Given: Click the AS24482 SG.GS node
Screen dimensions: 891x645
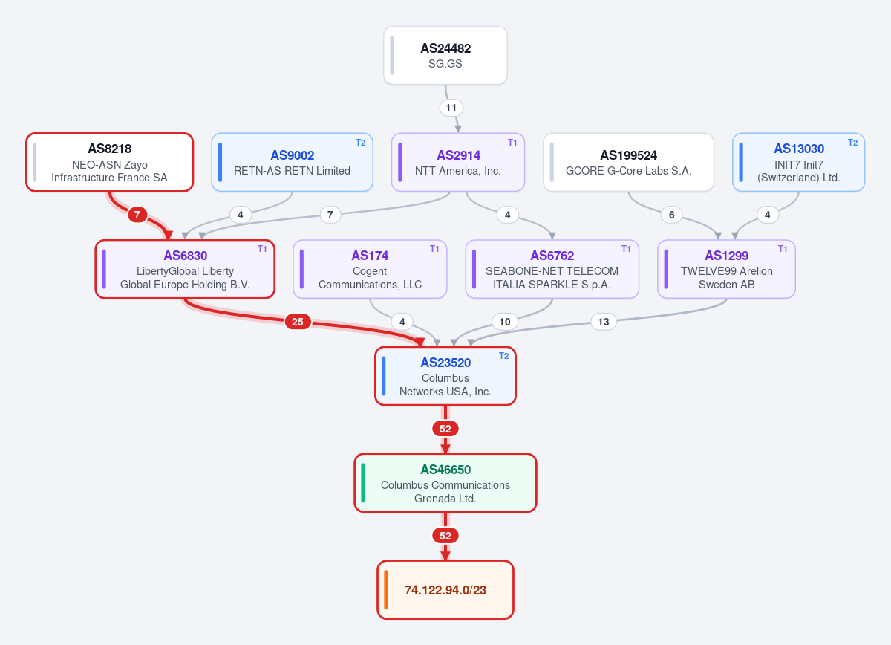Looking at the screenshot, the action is [x=445, y=55].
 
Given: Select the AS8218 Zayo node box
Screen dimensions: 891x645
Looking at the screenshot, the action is [x=110, y=163].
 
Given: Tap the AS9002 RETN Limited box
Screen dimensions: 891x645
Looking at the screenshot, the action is [x=293, y=163].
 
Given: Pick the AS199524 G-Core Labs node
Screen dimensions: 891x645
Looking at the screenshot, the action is [x=628, y=163].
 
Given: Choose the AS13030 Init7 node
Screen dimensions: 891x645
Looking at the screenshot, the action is [x=799, y=163].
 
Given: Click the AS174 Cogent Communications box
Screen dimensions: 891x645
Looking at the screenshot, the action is [x=370, y=269].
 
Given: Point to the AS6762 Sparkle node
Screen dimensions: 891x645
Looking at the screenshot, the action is [x=552, y=269].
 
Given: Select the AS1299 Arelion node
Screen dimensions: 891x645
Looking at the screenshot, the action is [x=726, y=269].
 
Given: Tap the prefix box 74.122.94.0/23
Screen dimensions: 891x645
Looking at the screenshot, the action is [x=446, y=590].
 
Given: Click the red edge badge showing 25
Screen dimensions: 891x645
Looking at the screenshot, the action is [x=298, y=322].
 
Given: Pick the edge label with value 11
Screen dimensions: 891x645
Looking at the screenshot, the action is [x=451, y=108].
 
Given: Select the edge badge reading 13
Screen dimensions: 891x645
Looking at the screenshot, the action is [x=604, y=322].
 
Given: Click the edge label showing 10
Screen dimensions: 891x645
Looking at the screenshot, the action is [x=505, y=322].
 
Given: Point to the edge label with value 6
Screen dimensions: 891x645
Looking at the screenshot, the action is [x=671, y=215].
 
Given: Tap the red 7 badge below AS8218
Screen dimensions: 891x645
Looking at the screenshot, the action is [x=137, y=215].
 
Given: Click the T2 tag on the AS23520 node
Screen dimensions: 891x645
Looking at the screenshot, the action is [x=504, y=356].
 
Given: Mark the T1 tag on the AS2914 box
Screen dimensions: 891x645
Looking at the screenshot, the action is [x=512, y=143].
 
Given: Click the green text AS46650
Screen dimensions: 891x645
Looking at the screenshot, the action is [x=446, y=470].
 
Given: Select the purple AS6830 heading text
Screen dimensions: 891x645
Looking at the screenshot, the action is [x=186, y=256].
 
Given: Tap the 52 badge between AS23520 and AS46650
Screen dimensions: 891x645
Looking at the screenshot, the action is [x=446, y=429].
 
